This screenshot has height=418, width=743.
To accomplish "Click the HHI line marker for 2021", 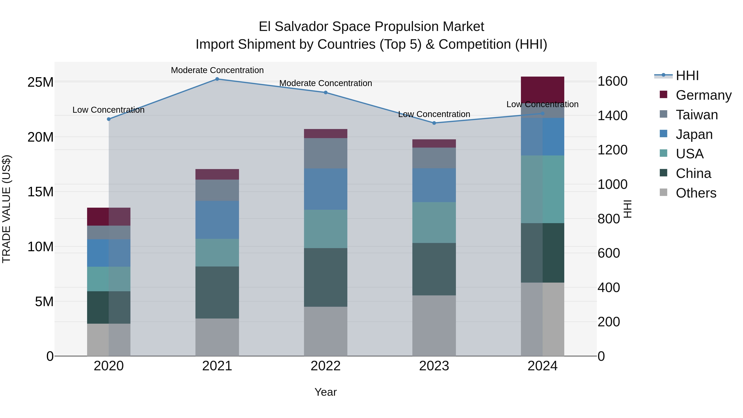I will (x=217, y=79).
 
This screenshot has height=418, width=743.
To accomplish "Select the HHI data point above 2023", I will (x=434, y=123).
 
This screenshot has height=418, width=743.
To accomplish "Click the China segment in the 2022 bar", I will (x=326, y=277).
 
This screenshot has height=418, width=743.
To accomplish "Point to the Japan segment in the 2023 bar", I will (x=434, y=185).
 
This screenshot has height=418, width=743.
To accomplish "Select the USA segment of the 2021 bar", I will (x=217, y=252).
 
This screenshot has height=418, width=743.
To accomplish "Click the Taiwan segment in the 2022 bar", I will (x=326, y=153).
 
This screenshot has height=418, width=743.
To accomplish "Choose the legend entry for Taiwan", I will (x=697, y=115).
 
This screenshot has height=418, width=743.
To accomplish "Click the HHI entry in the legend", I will (x=687, y=76).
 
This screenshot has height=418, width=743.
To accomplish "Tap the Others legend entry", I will (x=696, y=193).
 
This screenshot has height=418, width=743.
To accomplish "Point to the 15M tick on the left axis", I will (x=40, y=192).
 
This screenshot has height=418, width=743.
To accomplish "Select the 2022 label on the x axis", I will (x=326, y=366).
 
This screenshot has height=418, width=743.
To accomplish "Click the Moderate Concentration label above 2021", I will (x=217, y=70).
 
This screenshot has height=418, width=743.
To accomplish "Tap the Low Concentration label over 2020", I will (x=108, y=110).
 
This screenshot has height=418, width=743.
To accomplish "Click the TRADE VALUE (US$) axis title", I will (x=6, y=209).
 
